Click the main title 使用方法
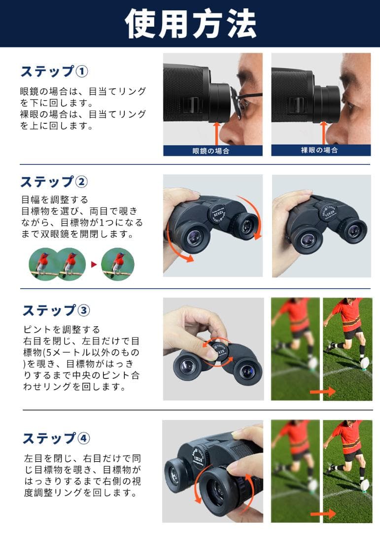pyautogui.click(x=190, y=23)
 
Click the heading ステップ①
pyautogui.click(x=54, y=72)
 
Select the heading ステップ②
pyautogui.click(x=54, y=182)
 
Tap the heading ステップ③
pyautogui.click(x=56, y=310)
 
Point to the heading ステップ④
pyautogui.click(x=56, y=438)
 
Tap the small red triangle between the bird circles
pyautogui.click(x=94, y=265)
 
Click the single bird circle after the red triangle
pyautogui.click(x=118, y=264)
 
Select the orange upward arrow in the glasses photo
pyautogui.click(x=215, y=133)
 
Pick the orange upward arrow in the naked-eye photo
pyautogui.click(x=324, y=133)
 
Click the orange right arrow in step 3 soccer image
pyautogui.click(x=323, y=392)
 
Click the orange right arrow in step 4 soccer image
pyautogui.click(x=323, y=514)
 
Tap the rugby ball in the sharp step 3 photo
pyautogui.click(x=365, y=364)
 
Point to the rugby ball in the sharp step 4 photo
pyautogui.click(x=365, y=486)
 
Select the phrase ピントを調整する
pyautogui.click(x=62, y=329)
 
